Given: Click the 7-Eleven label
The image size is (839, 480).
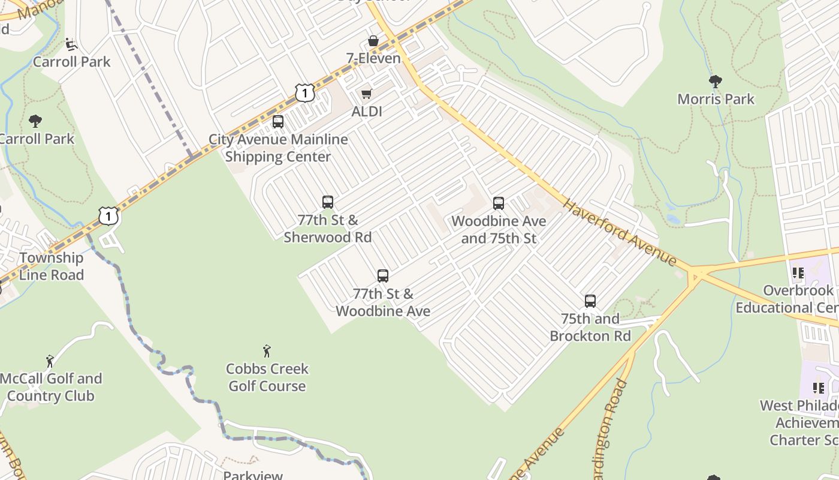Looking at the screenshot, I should pyautogui.click(x=373, y=58).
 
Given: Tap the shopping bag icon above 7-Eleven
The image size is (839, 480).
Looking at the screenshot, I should pyautogui.click(x=373, y=41).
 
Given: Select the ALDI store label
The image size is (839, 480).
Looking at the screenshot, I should pyautogui.click(x=366, y=111).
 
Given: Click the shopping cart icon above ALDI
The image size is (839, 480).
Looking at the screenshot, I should pyautogui.click(x=366, y=94).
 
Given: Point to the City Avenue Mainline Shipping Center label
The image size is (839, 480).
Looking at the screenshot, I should pyautogui.click(x=278, y=148).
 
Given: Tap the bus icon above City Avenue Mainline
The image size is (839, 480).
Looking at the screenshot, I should pyautogui.click(x=278, y=122).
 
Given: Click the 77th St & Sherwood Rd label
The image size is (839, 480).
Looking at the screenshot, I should pyautogui.click(x=327, y=229).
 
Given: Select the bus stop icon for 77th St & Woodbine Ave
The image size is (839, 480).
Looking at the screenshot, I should pyautogui.click(x=383, y=276).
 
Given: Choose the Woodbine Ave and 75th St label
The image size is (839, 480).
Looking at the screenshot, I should pyautogui.click(x=499, y=230).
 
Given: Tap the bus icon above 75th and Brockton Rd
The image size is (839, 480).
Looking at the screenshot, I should pyautogui.click(x=590, y=301).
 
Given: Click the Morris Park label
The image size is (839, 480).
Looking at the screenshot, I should pyautogui.click(x=716, y=99).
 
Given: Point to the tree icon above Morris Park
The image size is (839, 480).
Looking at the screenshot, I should pyautogui.click(x=715, y=82).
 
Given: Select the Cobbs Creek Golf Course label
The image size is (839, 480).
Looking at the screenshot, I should pyautogui.click(x=267, y=377).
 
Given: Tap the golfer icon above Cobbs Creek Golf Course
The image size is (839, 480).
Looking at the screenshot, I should pyautogui.click(x=267, y=351).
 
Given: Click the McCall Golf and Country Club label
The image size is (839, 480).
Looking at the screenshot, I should pyautogui.click(x=51, y=387).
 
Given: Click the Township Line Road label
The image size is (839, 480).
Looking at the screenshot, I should pyautogui.click(x=51, y=266).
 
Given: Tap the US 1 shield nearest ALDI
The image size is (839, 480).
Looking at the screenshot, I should pyautogui.click(x=304, y=92).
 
